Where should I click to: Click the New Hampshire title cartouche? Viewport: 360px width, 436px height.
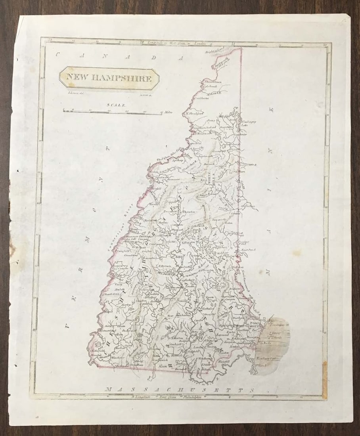pyautogui.click(x=109, y=78)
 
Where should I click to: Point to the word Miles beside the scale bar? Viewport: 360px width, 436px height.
pyautogui.click(x=167, y=113)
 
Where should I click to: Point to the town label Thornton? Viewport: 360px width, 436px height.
pyautogui.click(x=189, y=212)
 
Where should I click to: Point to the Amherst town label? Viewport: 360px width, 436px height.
pyautogui.click(x=175, y=344)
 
